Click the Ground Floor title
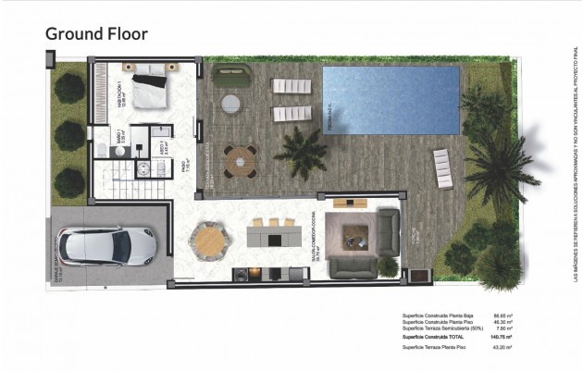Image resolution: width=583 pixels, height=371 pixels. click(97, 34)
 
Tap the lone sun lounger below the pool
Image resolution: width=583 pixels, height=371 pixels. click(441, 167)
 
